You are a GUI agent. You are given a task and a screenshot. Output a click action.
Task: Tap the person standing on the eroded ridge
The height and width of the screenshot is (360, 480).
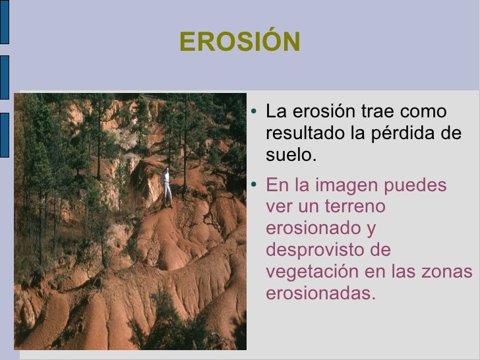tap(167, 187)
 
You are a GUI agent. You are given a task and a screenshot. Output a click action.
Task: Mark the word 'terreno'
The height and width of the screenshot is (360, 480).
tap(352, 206)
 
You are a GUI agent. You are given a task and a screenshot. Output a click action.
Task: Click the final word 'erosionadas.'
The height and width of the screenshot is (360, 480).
tap(320, 293)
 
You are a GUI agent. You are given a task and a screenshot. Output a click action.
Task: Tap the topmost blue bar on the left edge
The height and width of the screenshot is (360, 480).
tap(4, 23)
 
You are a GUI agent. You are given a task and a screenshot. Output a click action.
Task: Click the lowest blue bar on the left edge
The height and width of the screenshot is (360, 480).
tap(4, 135)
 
